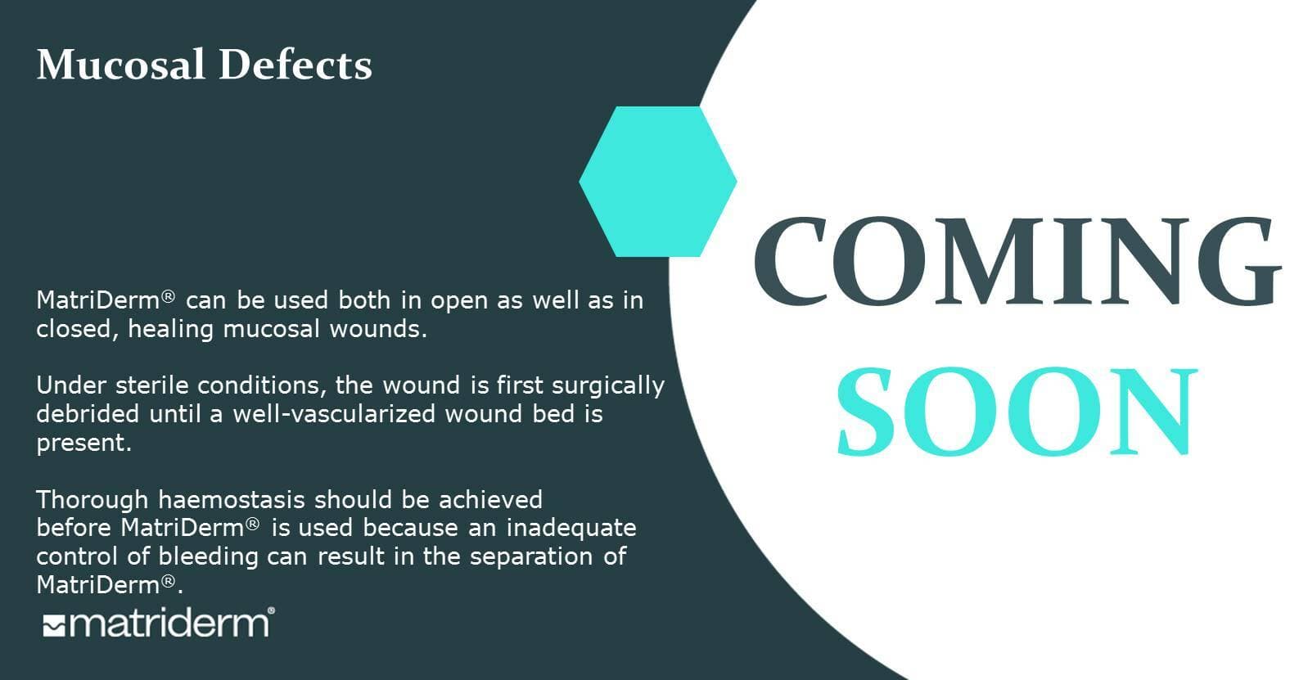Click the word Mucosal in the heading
(x=120, y=64)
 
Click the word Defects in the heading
(x=295, y=64)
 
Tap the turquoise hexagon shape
(x=658, y=182)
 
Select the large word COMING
(x=1017, y=261)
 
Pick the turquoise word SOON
(x=1017, y=412)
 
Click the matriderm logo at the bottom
(x=158, y=624)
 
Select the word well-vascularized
(x=334, y=414)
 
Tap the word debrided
(x=88, y=414)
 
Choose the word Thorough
(x=92, y=500)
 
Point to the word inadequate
(x=571, y=529)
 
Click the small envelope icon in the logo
(x=54, y=625)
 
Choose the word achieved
(x=490, y=500)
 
